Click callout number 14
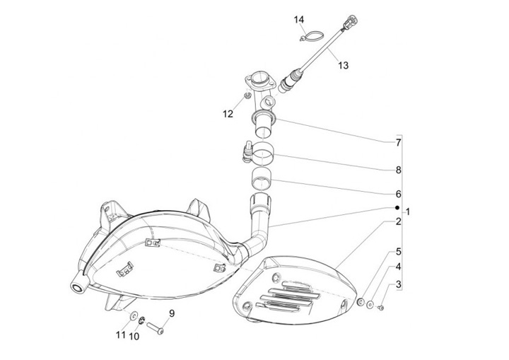coord(298,20)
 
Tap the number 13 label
coord(343,66)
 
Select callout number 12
coord(227,113)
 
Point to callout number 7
coord(398,142)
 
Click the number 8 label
coord(398,170)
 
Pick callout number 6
coord(398,194)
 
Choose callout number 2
coord(398,222)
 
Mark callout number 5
coord(398,251)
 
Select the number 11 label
coord(120,335)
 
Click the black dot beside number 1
coord(397,209)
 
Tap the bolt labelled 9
coord(159,328)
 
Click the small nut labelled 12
coord(246,95)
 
